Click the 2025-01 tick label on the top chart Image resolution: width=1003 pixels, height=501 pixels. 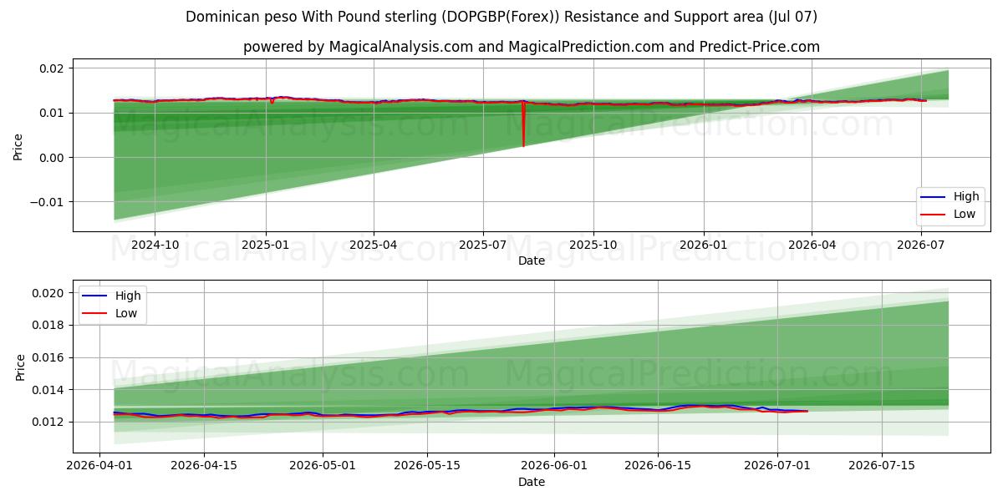point(266,245)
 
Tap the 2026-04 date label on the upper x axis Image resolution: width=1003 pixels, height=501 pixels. point(812,245)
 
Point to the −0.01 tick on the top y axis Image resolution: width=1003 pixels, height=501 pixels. point(48,202)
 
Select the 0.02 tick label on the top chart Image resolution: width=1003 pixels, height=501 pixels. point(53,68)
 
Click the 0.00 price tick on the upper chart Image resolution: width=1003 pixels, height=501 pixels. point(53,158)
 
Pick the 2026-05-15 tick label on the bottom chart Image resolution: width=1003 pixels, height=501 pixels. point(427,466)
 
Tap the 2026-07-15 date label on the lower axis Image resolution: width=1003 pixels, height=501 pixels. point(882,466)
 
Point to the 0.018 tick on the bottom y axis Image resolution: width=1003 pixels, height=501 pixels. point(48,325)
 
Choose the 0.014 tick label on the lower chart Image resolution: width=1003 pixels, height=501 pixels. point(48,390)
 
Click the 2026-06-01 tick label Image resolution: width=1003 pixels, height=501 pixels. point(554,466)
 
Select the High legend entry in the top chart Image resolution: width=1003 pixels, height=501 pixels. point(950,196)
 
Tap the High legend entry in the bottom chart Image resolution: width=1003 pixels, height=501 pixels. point(111,296)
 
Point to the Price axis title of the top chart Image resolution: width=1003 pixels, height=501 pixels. point(18,147)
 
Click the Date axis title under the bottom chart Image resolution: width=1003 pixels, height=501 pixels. point(532,483)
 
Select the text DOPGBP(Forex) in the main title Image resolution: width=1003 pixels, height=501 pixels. point(500,17)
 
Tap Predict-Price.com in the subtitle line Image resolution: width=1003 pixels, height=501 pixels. point(760,47)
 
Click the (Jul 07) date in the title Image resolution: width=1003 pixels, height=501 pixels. point(792,17)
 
